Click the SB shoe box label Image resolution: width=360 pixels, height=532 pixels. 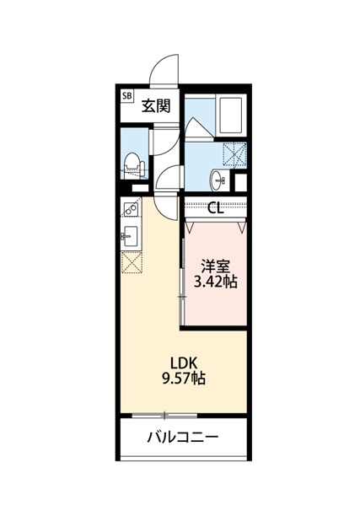click(127, 95)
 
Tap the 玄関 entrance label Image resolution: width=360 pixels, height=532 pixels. click(156, 106)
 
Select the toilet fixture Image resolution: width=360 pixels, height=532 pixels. click(134, 165)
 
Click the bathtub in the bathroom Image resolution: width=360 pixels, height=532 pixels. click(231, 116)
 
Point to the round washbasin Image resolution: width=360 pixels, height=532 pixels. click(217, 180)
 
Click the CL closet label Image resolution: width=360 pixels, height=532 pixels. click(216, 207)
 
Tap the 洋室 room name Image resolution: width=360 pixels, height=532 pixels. click(216, 266)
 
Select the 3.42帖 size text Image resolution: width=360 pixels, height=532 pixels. click(216, 282)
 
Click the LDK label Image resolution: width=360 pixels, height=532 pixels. click(184, 363)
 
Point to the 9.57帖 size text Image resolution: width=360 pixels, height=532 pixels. click(184, 379)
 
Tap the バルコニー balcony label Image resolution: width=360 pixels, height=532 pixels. click(183, 438)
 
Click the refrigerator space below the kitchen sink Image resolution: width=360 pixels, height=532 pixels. click(132, 262)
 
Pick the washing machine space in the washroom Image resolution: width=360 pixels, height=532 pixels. click(234, 154)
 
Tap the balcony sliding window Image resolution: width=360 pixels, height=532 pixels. click(164, 416)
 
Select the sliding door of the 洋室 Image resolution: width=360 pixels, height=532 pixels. click(182, 282)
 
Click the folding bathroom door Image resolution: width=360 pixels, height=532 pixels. click(201, 128)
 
